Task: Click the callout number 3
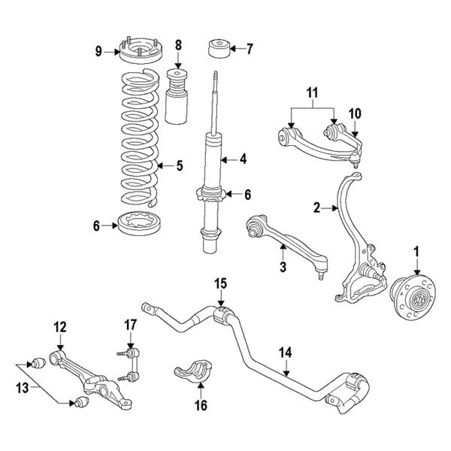283,267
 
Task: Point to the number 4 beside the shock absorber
243,159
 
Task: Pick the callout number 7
250,50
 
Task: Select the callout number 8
178,46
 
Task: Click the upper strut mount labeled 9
139,54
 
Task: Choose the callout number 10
355,114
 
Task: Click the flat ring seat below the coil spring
138,224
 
